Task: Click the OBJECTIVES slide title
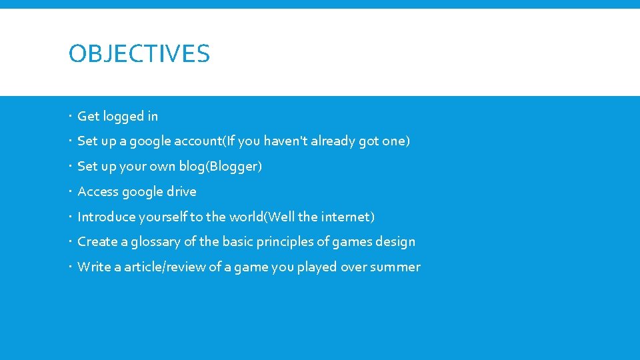point(139,53)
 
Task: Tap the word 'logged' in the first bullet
point(124,117)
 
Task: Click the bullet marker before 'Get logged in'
point(71,117)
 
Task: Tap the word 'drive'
point(181,192)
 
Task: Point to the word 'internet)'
point(347,217)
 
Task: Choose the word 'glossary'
point(155,242)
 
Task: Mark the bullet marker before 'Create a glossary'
point(71,242)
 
